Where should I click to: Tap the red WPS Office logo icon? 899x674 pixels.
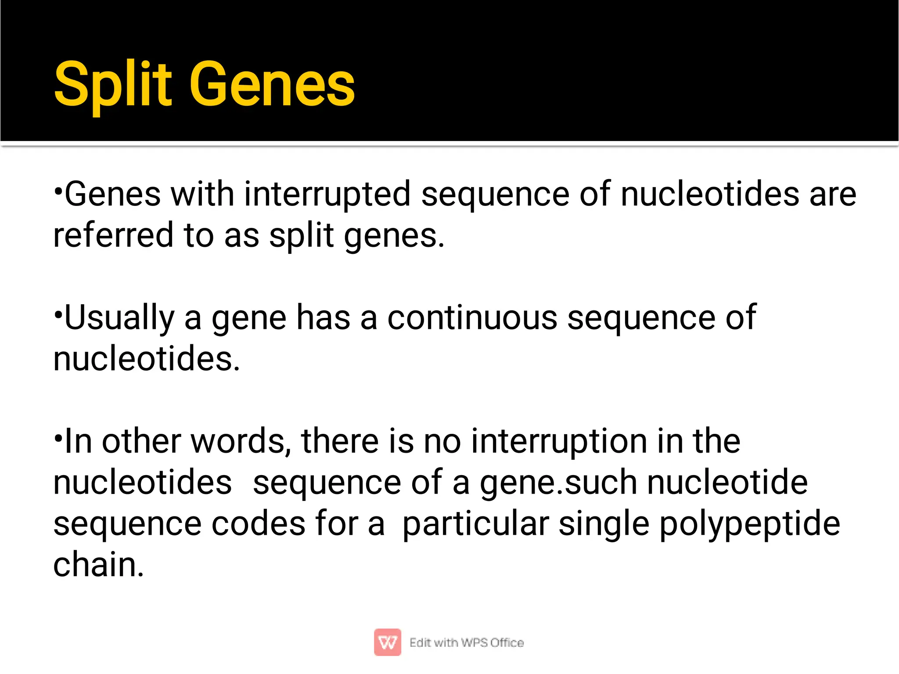(387, 642)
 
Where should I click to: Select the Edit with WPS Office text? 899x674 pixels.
(466, 643)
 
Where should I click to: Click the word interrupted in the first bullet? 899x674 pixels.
(327, 195)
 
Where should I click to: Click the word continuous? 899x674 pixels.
(472, 318)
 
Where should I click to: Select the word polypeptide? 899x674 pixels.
(750, 524)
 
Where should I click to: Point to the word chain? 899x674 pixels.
(98, 565)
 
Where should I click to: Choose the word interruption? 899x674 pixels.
(559, 441)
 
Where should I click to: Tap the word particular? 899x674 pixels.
(475, 524)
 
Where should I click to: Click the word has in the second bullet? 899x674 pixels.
(323, 318)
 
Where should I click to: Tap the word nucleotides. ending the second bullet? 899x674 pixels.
(147, 359)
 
